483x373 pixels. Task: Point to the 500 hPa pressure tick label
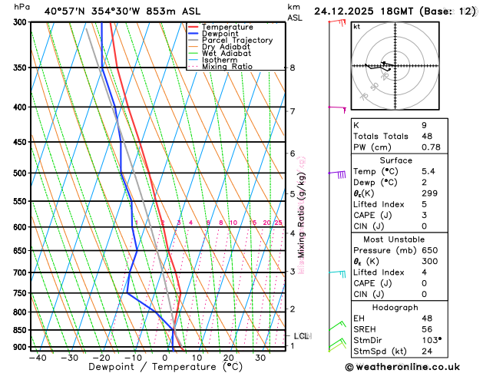point(18,173)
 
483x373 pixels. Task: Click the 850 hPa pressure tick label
point(18,330)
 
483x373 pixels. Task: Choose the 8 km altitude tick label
point(292,68)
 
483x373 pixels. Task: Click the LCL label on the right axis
point(301,336)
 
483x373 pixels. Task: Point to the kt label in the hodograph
point(356,26)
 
